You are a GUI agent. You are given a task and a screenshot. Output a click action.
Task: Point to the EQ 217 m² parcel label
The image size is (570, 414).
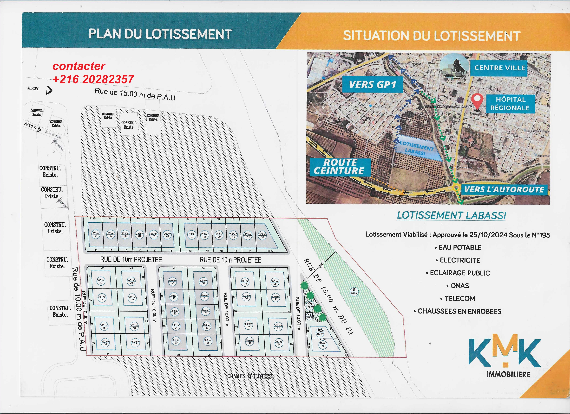click(x=320, y=332)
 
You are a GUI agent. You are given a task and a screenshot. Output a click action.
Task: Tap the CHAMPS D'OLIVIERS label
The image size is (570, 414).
click(x=249, y=376)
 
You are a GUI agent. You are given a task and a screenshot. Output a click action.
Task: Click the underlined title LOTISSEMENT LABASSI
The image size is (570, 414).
click(x=451, y=215)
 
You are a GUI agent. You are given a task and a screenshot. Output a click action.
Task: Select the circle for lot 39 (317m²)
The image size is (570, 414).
click(x=323, y=345)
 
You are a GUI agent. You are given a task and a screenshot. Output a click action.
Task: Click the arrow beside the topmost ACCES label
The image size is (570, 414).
click(x=49, y=90)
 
